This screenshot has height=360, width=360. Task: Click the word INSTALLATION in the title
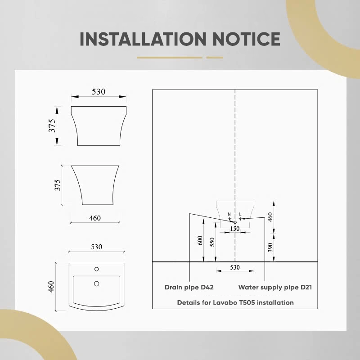pos(143,39)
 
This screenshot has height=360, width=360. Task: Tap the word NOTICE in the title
pos(246,39)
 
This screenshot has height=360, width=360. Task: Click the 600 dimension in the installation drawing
pos(200,240)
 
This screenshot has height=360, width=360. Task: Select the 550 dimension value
pos(212,242)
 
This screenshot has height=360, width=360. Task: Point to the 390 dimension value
pos(270,247)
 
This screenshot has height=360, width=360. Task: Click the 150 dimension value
pos(234,229)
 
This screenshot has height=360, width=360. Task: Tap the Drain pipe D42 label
pos(189,287)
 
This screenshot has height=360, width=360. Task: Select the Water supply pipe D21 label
pos(275,288)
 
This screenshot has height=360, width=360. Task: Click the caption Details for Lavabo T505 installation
pos(235,302)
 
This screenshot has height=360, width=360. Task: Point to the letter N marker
pos(229,214)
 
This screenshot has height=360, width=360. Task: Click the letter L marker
pos(240,214)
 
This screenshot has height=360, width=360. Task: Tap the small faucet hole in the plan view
pos(97,269)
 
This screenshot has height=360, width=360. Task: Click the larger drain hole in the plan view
pos(97,284)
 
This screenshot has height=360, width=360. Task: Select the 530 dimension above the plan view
pos(96,247)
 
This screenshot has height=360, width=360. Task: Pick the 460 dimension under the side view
pos(95,218)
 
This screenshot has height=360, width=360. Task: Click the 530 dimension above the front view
pos(99,92)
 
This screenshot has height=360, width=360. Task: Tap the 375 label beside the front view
pos(52,126)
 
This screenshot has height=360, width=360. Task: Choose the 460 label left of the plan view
pos(51,287)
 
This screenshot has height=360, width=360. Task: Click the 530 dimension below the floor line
pos(235,267)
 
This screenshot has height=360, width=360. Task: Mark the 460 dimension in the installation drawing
pos(270,217)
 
